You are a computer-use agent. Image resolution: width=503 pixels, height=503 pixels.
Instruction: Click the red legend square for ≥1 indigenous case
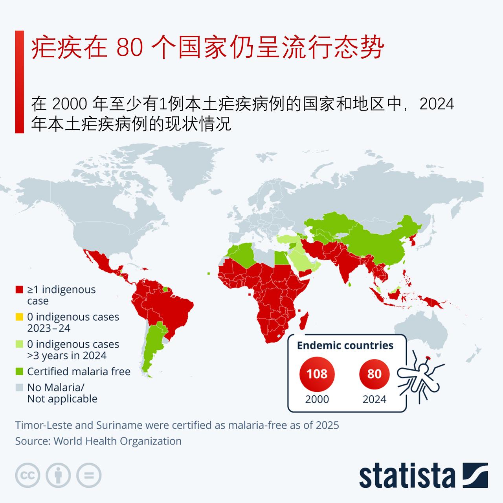coord(19,290)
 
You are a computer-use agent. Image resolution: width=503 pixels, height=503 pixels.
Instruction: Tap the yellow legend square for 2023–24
coord(19,317)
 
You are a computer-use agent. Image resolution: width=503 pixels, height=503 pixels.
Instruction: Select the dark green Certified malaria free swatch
coord(19,372)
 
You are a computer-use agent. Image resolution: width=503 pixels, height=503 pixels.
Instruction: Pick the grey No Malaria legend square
coord(19,387)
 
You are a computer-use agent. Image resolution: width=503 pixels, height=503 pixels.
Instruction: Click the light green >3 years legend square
coord(19,345)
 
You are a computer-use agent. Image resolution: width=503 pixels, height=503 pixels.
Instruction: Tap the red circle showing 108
coord(317,373)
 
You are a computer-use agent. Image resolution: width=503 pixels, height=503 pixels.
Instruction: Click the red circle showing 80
coord(374,373)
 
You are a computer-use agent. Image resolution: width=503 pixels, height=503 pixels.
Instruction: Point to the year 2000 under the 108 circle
coord(317,399)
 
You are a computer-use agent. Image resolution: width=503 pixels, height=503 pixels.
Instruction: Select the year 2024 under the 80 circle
coord(374,399)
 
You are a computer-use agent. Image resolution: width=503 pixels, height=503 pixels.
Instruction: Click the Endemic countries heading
coord(345,345)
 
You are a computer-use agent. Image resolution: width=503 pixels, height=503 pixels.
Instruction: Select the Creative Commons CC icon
coord(28,475)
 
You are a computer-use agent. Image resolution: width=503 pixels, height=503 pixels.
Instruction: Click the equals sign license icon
coord(89,475)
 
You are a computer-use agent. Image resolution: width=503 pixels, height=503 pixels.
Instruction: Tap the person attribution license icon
coord(58,475)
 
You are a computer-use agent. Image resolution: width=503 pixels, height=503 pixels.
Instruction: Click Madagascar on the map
coord(304,321)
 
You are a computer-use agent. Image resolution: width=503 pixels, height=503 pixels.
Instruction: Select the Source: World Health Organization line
coord(98,441)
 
